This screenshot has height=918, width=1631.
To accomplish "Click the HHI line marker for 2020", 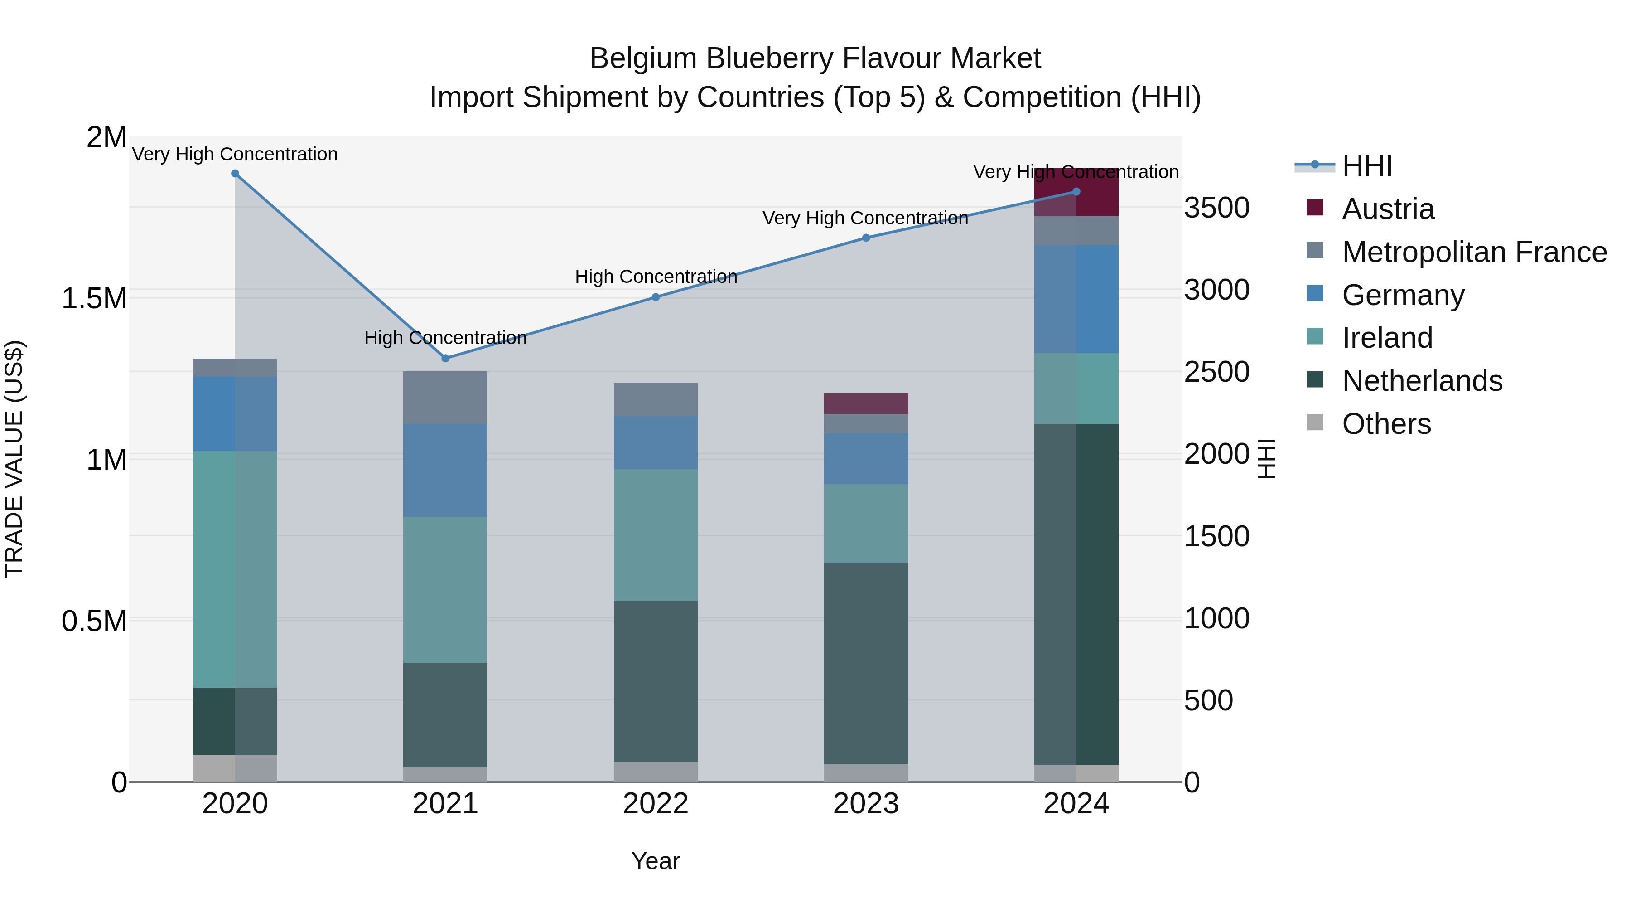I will pyautogui.click(x=235, y=174).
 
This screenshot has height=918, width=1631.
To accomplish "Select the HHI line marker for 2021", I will pyautogui.click(x=445, y=358).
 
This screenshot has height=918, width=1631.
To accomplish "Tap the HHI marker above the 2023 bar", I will pyautogui.click(x=866, y=238).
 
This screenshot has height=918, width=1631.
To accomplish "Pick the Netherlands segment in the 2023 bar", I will pyautogui.click(x=866, y=663).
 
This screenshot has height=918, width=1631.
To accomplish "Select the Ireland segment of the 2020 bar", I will pyautogui.click(x=235, y=569).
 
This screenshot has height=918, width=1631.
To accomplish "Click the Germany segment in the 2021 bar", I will pyautogui.click(x=445, y=470).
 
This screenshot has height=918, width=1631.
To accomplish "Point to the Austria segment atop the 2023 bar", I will pyautogui.click(x=866, y=403).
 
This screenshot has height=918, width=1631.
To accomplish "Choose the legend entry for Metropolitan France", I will pyautogui.click(x=1474, y=252).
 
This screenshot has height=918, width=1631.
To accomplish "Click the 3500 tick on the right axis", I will pyautogui.click(x=1216, y=208).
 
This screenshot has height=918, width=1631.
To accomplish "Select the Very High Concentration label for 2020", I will pyautogui.click(x=235, y=154).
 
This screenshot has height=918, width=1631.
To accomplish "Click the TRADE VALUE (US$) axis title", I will pyautogui.click(x=14, y=459).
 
